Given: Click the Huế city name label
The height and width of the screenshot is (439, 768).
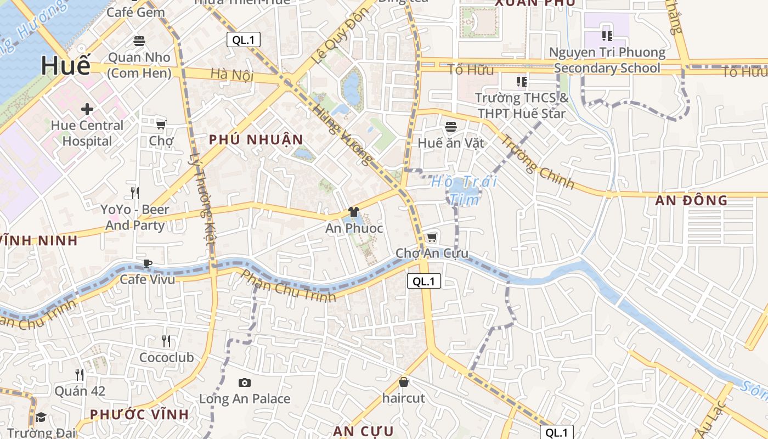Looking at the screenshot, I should pyautogui.click(x=65, y=66).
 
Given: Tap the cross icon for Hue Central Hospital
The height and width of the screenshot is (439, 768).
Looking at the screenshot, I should pyautogui.click(x=87, y=109).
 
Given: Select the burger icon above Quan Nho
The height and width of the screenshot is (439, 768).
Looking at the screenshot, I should pyautogui.click(x=139, y=41).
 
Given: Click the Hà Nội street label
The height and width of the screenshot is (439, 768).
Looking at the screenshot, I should pyautogui.click(x=231, y=74).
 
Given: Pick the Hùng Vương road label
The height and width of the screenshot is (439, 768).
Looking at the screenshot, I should pyautogui.click(x=342, y=135).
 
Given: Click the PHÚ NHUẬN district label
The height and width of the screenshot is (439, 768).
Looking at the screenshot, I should pyautogui.click(x=256, y=140).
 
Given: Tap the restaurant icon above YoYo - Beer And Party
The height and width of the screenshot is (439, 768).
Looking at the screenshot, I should pyautogui.click(x=134, y=193).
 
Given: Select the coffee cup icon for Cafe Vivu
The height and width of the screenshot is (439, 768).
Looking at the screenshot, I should pyautogui.click(x=147, y=263).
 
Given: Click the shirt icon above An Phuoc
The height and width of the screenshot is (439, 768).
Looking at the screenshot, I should pyautogui.click(x=354, y=212).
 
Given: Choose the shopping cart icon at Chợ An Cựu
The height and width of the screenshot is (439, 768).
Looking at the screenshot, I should pyautogui.click(x=432, y=237).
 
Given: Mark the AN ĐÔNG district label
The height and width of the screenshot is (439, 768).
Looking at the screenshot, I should pyautogui.click(x=691, y=200).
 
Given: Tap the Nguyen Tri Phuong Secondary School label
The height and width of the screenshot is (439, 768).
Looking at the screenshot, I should pyautogui.click(x=607, y=60).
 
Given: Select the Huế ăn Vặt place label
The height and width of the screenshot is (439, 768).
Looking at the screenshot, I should pyautogui.click(x=451, y=143).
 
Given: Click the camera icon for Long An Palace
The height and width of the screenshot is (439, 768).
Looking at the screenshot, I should pyautogui.click(x=245, y=382).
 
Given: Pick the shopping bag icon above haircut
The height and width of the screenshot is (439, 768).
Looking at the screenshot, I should pyautogui.click(x=404, y=381).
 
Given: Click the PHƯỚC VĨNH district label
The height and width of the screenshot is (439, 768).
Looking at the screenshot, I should pyautogui.click(x=139, y=414).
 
